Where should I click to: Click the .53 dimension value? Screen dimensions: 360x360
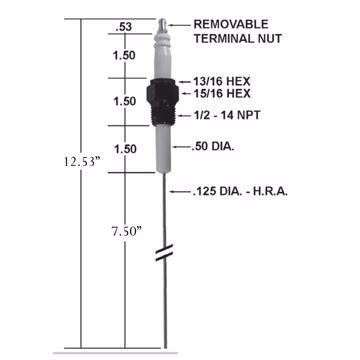[x=124, y=25]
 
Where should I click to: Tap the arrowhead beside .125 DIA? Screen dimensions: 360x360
[x=172, y=191]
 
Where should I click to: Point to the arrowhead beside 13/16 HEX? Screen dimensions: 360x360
[x=183, y=78]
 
